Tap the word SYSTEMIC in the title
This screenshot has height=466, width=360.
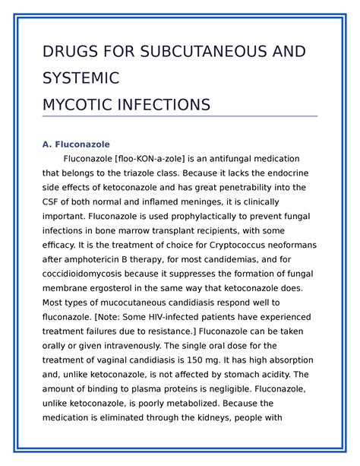pyautogui.click(x=82, y=78)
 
